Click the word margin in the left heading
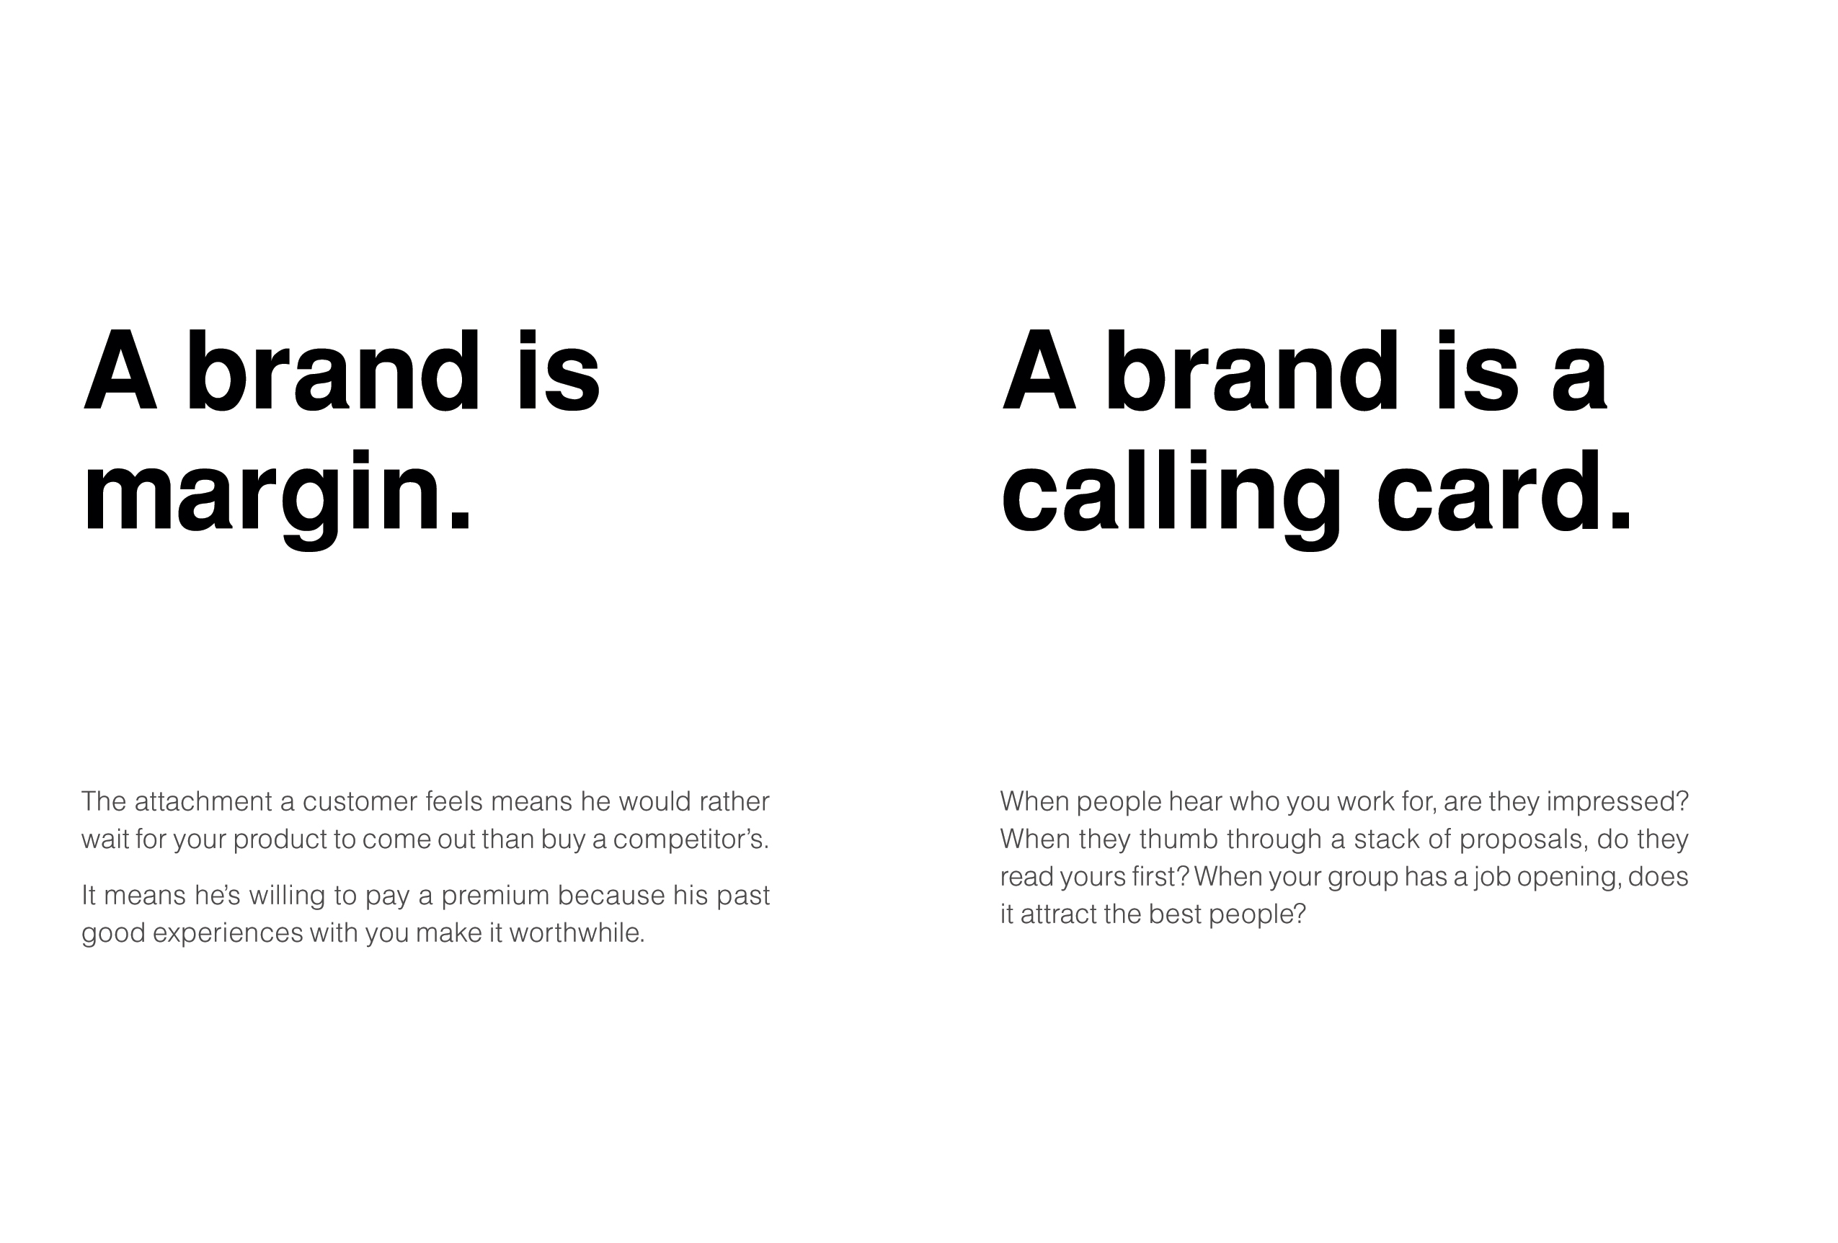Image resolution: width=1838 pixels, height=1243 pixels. [x=262, y=494]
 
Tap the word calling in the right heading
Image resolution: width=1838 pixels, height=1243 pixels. [x=1171, y=494]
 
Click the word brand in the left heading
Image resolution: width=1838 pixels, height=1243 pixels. [x=333, y=371]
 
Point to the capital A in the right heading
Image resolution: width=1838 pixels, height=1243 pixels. [x=1039, y=371]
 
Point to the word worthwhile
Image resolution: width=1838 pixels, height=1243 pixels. [x=577, y=934]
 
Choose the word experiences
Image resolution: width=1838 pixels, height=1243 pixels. [x=228, y=934]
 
